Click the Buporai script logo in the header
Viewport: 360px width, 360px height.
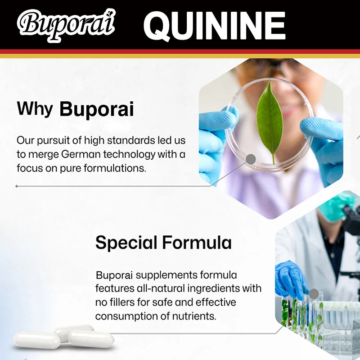tap(66, 23)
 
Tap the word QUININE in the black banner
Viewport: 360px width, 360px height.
tap(214, 26)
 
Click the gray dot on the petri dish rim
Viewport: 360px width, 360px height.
tap(251, 159)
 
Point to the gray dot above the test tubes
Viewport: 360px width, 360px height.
tap(314, 294)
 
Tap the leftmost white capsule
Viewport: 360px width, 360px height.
tap(37, 341)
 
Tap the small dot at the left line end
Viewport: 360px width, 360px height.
tap(17, 186)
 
